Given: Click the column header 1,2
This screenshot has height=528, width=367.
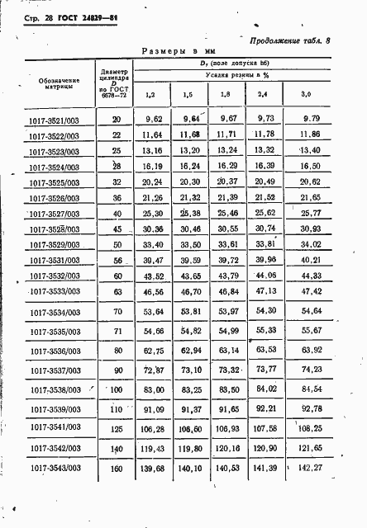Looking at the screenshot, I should [x=150, y=95].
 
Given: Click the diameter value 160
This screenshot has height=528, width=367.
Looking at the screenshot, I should [x=116, y=469].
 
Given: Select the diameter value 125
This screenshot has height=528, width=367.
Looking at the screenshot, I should [x=116, y=428].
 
